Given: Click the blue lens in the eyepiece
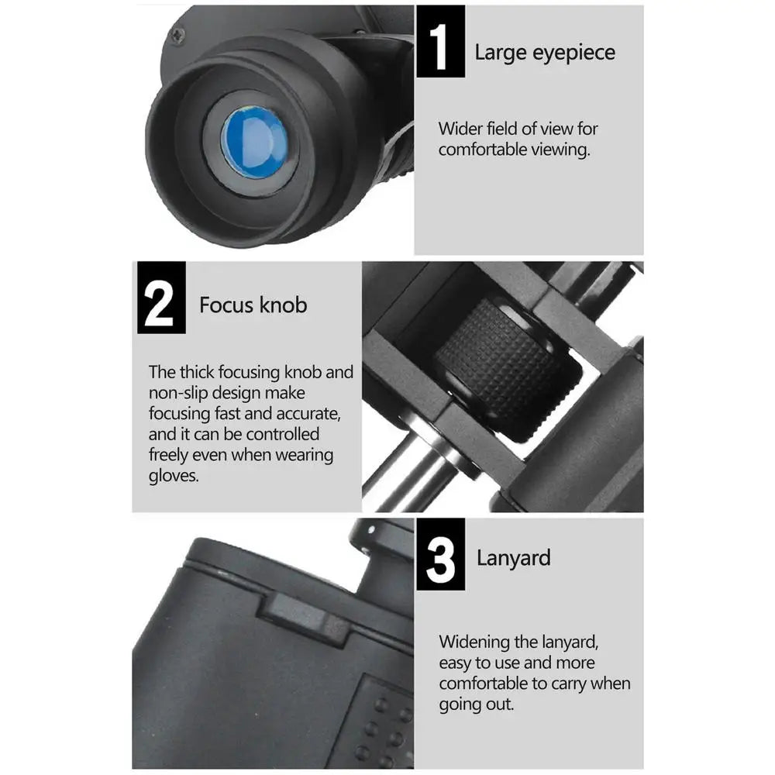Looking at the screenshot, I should coord(254,141).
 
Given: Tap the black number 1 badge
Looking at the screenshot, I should coord(440,42).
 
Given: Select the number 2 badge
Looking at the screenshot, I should coord(161,298).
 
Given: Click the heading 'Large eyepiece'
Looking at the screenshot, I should coord(545,53).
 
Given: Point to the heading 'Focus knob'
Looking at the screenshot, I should coord(253,305).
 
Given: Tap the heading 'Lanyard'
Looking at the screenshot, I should coord(513,558).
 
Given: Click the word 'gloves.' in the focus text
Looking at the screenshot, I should coord(174,476).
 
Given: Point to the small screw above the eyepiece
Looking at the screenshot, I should coord(177,34).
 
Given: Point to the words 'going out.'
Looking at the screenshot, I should coord(476,704).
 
